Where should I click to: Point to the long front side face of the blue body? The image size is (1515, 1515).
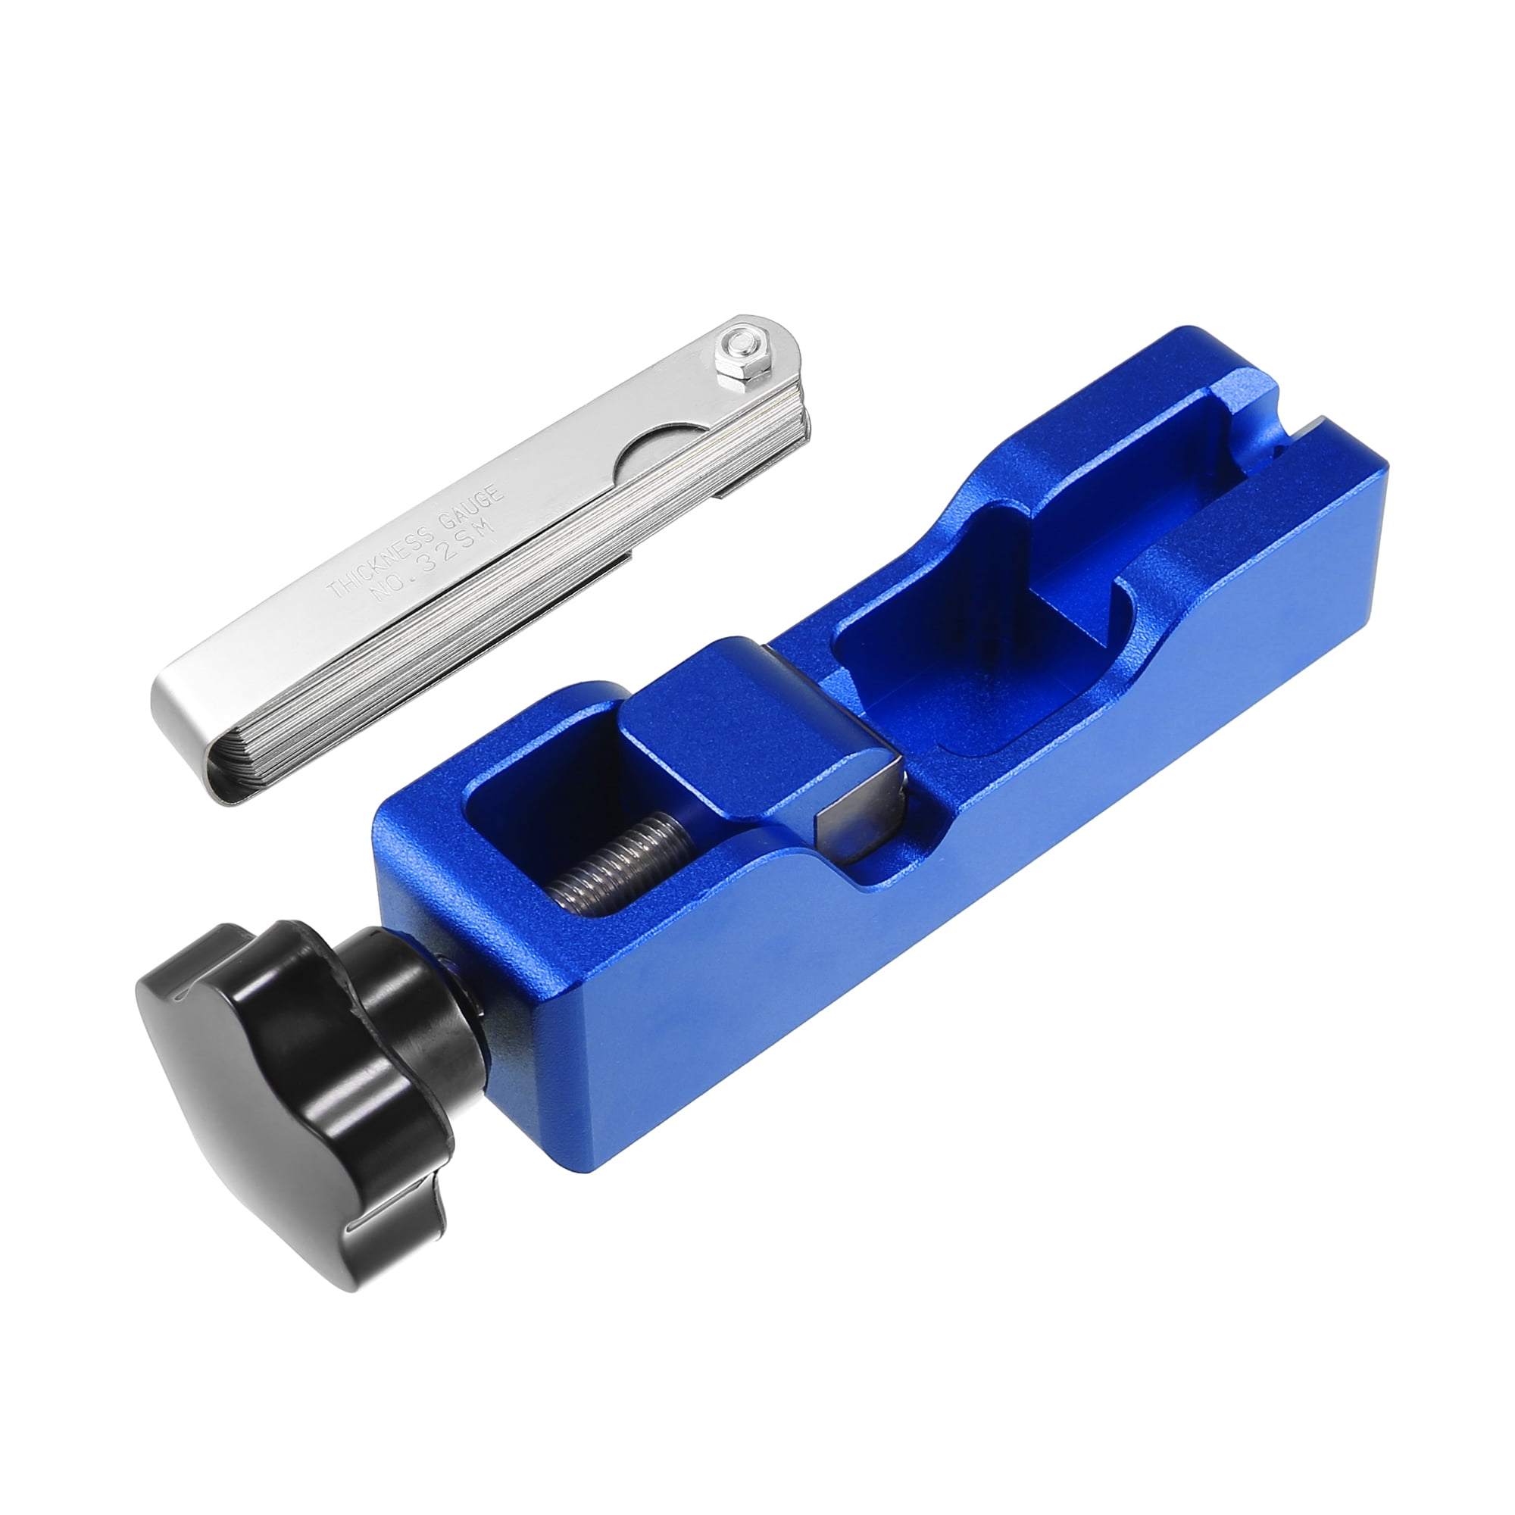941,941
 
